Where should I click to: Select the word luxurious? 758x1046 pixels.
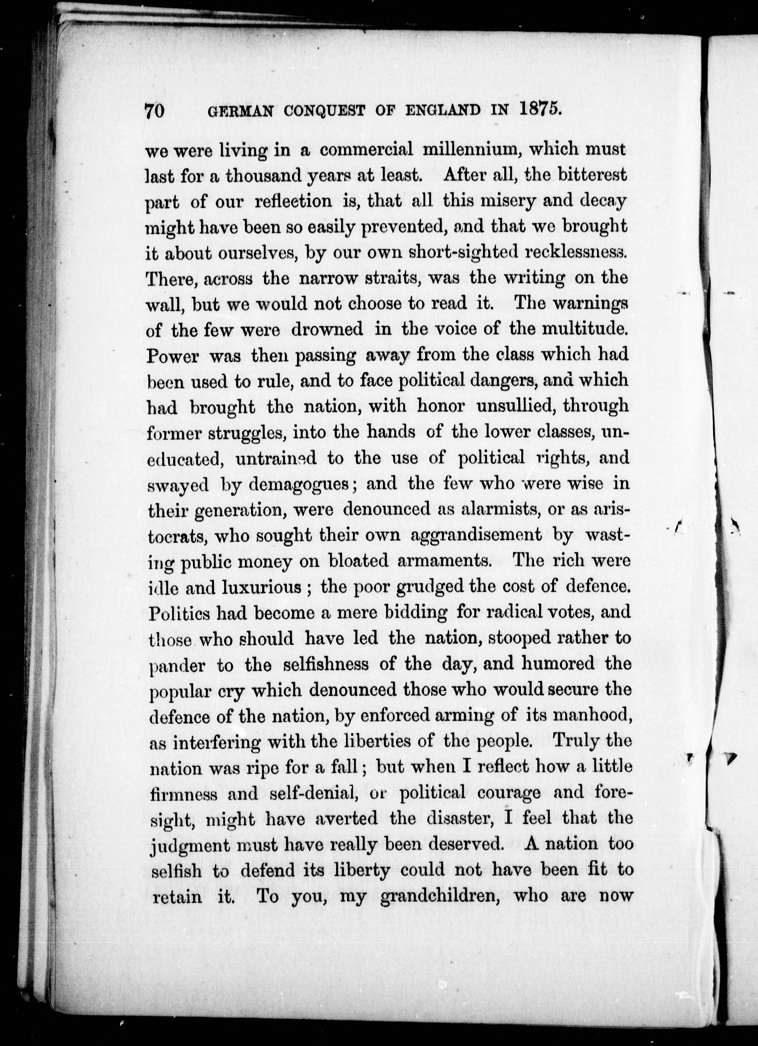pos(262,587)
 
